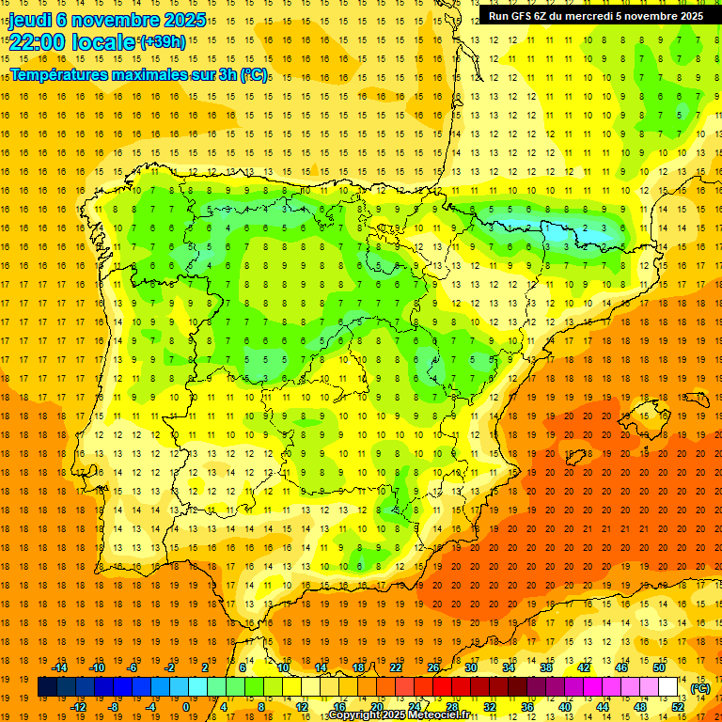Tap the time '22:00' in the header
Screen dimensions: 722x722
[x=36, y=42]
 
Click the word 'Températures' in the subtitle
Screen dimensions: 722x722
[x=60, y=74]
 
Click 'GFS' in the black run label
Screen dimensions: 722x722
[x=525, y=16]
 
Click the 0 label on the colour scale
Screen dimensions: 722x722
[x=185, y=707]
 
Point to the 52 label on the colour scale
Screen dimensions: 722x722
[x=678, y=707]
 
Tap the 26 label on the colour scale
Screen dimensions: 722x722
[x=433, y=667]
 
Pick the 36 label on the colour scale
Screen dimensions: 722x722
[x=527, y=707]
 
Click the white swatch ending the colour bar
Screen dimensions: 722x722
[x=668, y=687]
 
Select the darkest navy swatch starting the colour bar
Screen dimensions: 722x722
[x=47, y=687]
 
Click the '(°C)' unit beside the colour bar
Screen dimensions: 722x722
[x=700, y=688]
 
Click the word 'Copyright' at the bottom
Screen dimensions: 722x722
[x=354, y=715]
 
